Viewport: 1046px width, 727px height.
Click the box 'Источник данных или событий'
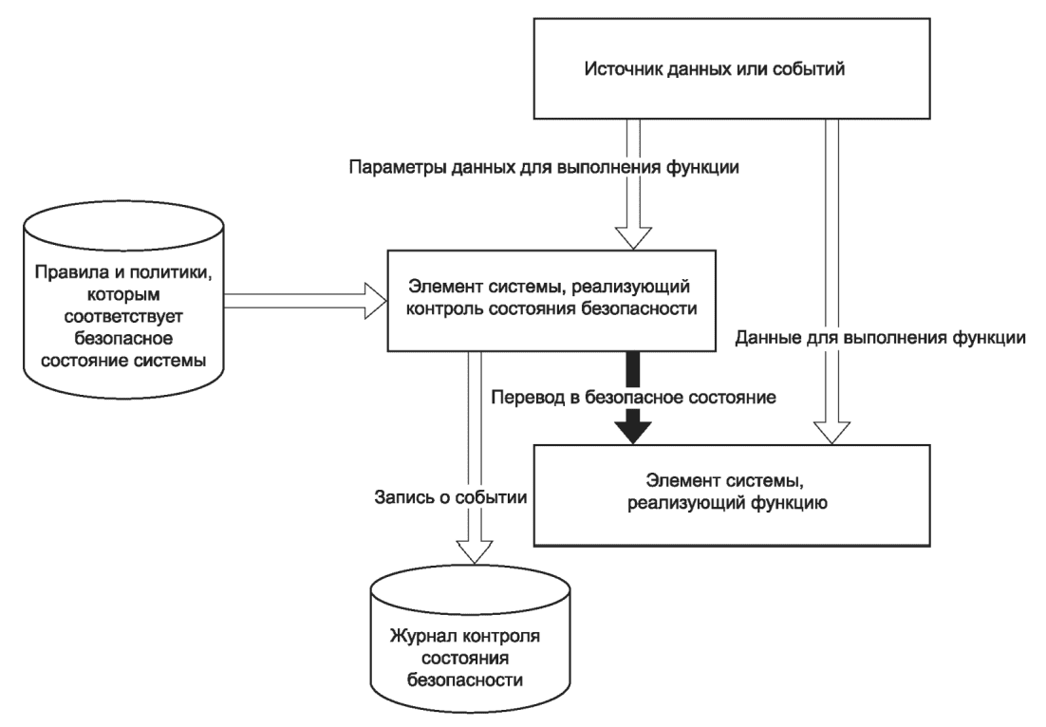tap(731, 68)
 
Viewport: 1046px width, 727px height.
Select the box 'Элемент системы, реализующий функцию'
tap(731, 495)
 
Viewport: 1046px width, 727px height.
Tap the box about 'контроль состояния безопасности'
tap(551, 300)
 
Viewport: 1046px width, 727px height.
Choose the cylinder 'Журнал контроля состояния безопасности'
tap(470, 639)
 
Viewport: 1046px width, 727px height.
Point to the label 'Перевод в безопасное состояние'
tap(634, 398)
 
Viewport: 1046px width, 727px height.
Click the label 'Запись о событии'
tap(451, 497)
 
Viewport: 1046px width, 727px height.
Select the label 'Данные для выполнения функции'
tap(881, 338)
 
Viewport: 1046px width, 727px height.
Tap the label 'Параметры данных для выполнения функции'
tap(544, 166)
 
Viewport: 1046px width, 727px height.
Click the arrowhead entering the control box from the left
tap(376, 300)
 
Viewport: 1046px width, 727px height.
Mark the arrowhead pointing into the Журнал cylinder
tap(475, 550)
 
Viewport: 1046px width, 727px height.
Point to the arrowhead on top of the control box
tap(632, 238)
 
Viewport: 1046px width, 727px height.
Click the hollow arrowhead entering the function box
tap(831, 432)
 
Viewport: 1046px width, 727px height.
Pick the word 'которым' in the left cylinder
tap(123, 294)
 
